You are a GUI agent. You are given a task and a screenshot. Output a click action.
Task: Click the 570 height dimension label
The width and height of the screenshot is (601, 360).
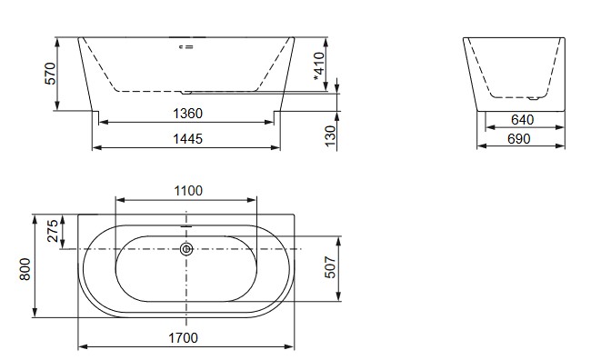click(x=51, y=74)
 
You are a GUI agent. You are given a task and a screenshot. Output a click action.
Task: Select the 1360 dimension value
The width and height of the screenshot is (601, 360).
click(x=188, y=114)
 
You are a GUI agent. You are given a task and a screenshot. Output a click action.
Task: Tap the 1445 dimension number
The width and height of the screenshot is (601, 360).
click(x=188, y=139)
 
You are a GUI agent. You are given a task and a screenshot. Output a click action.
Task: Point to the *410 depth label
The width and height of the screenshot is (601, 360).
click(x=319, y=66)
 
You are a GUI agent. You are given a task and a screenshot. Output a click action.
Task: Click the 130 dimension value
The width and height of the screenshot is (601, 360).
click(x=330, y=136)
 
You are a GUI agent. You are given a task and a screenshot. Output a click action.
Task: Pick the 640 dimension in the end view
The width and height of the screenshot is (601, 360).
click(x=523, y=120)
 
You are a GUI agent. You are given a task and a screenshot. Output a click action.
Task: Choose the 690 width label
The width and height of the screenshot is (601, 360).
click(x=519, y=139)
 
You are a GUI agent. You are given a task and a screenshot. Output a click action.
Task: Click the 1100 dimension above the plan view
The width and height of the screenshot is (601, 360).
click(x=188, y=191)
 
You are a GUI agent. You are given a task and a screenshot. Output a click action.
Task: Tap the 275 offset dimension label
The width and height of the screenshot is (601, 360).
click(x=53, y=231)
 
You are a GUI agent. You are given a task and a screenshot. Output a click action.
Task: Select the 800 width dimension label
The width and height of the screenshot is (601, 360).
click(x=25, y=269)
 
